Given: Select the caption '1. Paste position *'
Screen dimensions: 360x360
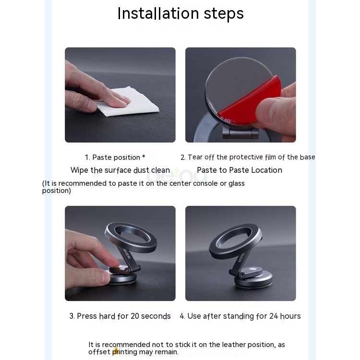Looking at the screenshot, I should [115, 157].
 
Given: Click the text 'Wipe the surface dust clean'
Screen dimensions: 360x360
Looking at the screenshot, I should [120, 170].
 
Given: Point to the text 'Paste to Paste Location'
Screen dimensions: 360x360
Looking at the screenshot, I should [240, 170].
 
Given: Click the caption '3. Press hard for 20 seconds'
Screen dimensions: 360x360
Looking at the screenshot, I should [120, 316].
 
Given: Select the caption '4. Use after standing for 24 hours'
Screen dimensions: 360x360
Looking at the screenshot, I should [240, 316].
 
